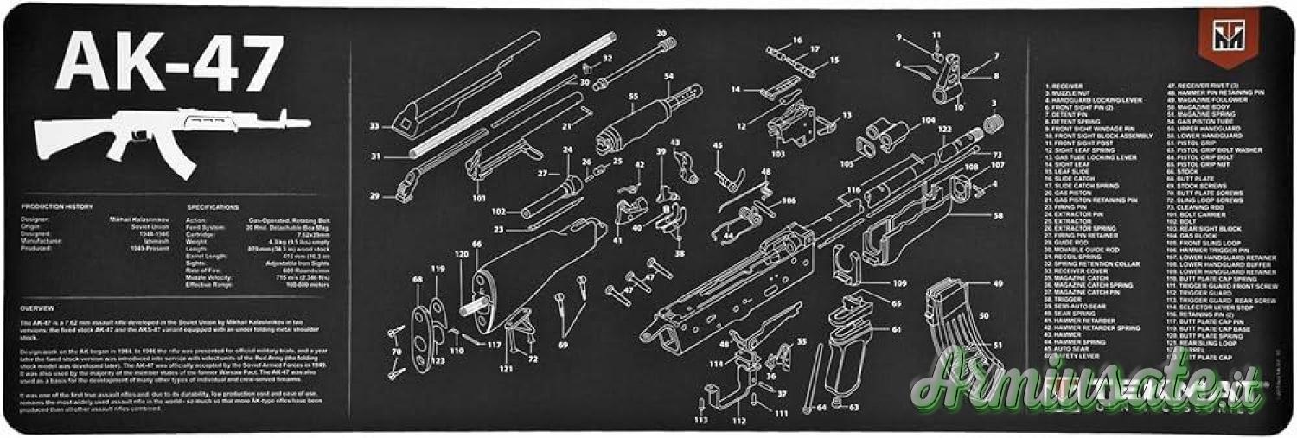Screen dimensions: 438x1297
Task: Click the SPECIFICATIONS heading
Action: point(213,207)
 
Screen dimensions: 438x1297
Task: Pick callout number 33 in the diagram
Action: point(374,126)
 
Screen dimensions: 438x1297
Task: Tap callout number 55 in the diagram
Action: point(633,97)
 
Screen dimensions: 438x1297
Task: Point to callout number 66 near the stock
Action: point(476,244)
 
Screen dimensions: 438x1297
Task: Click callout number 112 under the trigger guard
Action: point(738,421)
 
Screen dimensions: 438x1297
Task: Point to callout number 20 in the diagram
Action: point(661,34)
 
